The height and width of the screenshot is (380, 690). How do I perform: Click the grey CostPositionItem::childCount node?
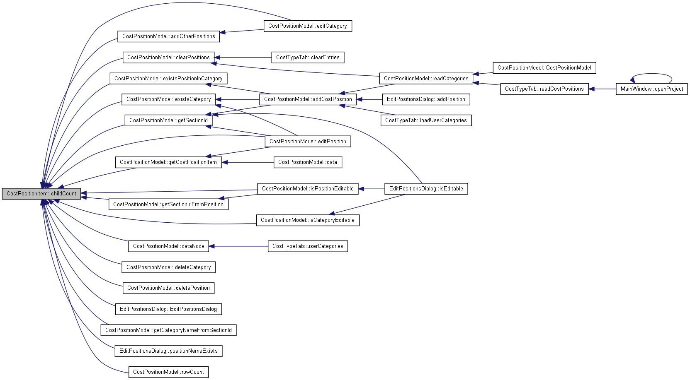click(41, 194)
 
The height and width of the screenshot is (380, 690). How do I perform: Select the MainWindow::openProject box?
click(651, 89)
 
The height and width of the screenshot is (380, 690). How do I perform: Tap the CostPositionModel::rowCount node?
click(168, 372)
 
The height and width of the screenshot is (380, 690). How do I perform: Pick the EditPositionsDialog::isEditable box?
click(426, 189)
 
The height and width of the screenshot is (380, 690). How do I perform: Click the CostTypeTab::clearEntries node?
click(308, 58)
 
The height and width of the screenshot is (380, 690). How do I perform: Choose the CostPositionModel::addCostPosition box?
click(308, 99)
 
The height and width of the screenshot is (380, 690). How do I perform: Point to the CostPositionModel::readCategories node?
click(426, 78)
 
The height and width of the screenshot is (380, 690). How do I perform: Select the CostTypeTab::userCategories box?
click(308, 246)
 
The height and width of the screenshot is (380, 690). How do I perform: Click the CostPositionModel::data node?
click(308, 162)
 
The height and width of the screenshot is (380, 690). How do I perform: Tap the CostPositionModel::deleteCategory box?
click(168, 267)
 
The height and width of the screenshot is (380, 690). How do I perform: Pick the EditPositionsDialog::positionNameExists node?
click(168, 351)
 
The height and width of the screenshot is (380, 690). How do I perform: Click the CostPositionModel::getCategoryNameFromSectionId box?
click(168, 330)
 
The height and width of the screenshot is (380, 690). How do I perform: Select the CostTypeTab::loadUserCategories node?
click(426, 120)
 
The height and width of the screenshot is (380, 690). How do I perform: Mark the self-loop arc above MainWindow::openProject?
click(651, 74)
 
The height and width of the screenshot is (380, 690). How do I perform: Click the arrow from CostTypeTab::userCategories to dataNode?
click(238, 246)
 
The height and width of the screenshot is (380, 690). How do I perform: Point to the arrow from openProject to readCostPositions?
click(602, 89)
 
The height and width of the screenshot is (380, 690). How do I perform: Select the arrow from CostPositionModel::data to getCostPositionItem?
click(248, 162)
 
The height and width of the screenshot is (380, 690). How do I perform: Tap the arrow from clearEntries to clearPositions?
click(243, 58)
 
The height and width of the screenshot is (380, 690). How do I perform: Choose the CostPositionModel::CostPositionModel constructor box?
click(544, 68)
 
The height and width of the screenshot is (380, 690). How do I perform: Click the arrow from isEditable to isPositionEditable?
click(372, 189)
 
